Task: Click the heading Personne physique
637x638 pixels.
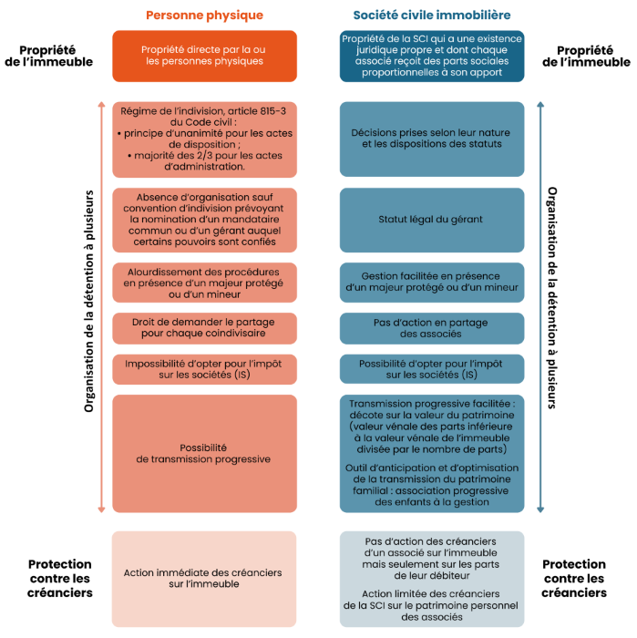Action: (x=204, y=15)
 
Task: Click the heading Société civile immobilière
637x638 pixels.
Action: (x=431, y=15)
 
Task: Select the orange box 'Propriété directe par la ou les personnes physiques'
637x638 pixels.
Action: (x=204, y=56)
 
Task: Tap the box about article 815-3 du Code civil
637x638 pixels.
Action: (x=204, y=139)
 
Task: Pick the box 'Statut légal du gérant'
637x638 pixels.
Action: (x=431, y=220)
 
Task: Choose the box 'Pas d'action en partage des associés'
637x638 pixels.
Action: (x=431, y=328)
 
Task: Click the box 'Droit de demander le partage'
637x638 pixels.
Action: (x=204, y=328)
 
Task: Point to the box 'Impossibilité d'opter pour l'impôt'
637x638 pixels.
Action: (x=204, y=369)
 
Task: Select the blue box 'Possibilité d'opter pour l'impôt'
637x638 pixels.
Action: (x=431, y=369)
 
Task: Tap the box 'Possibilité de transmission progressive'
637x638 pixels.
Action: (x=204, y=453)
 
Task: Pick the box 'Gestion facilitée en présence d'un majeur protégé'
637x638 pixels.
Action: (x=431, y=282)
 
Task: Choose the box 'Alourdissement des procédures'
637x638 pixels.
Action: (x=204, y=282)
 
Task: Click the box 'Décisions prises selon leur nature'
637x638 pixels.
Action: (x=431, y=139)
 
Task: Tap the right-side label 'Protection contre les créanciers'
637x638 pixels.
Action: (x=574, y=579)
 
